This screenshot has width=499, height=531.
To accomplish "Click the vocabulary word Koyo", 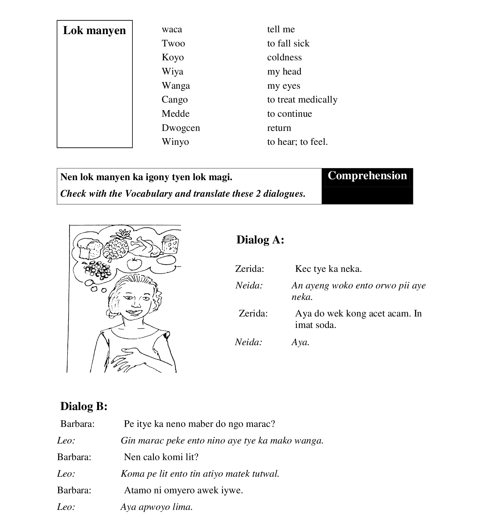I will tap(173, 57).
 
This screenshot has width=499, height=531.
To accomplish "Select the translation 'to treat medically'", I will tap(302, 100).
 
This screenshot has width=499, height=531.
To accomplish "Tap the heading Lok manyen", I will tap(94, 30).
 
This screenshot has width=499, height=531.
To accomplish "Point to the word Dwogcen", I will tap(181, 128).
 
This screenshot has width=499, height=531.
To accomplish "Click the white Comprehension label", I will tap(367, 176).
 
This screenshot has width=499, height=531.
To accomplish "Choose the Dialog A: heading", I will tap(260, 240).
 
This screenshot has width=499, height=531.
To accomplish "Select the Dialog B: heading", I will tap(84, 406).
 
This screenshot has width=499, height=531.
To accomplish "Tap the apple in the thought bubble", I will tap(134, 264).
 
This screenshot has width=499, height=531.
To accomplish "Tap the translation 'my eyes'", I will tap(284, 86).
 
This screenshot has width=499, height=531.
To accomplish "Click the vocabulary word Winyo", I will tap(175, 142).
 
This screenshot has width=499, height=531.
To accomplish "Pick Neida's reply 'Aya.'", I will tap(300, 342).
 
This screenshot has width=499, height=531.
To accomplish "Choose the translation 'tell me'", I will tap(281, 29).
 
